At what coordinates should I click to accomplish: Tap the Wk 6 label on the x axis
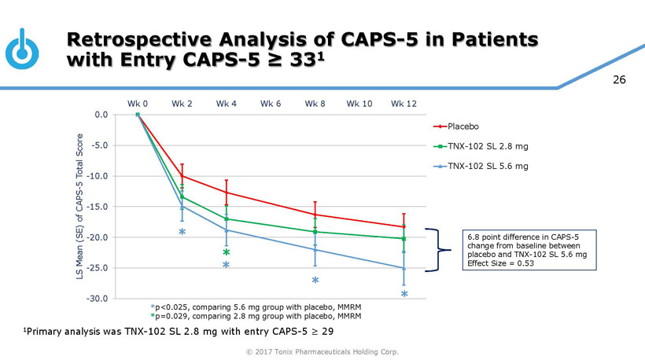click(x=271, y=103)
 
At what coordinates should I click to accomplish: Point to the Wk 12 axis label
click(x=404, y=103)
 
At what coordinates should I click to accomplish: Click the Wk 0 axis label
click(x=138, y=103)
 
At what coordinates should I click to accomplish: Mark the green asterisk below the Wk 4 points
click(x=226, y=253)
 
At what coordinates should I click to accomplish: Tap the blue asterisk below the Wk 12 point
click(x=404, y=295)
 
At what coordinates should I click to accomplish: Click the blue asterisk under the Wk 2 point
click(x=182, y=233)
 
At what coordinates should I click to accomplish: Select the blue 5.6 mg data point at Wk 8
click(x=315, y=249)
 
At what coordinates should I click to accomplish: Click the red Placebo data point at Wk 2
click(x=182, y=175)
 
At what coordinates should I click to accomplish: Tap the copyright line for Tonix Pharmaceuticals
click(x=322, y=351)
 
